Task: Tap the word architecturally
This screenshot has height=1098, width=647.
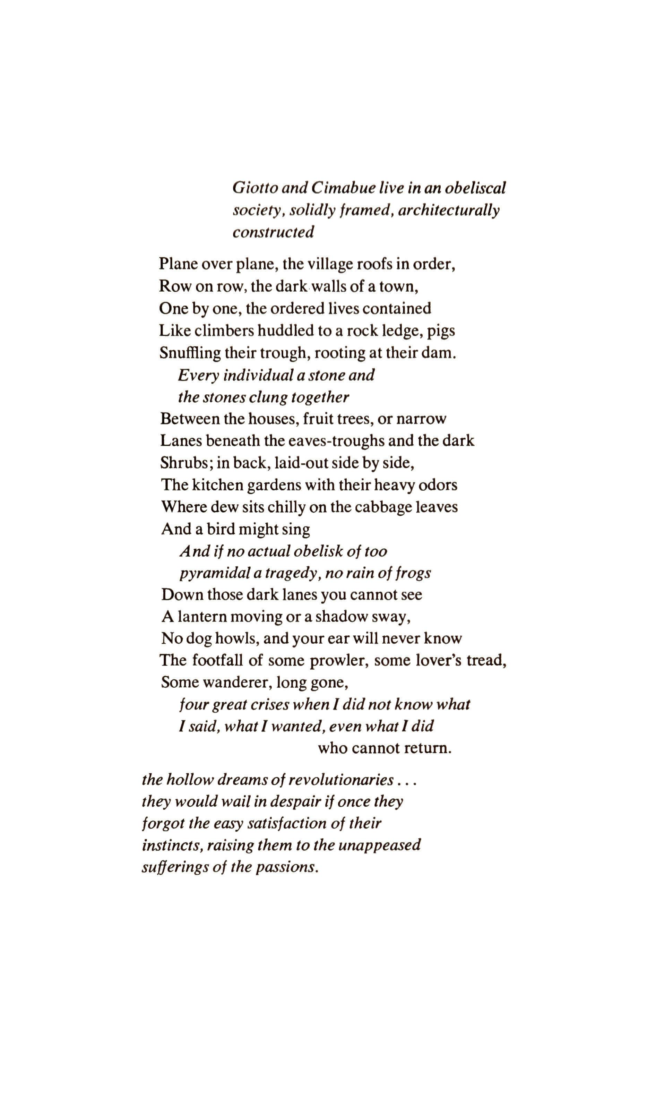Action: click(449, 210)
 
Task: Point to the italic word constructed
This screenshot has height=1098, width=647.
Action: click(273, 232)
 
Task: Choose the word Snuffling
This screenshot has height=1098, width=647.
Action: click(190, 353)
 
